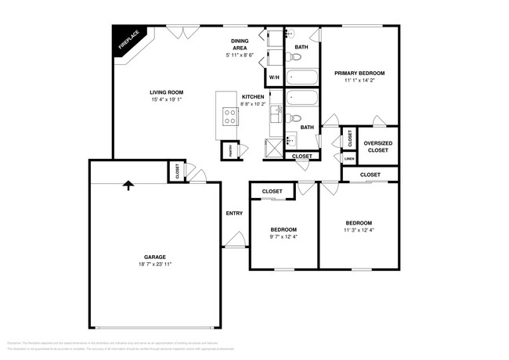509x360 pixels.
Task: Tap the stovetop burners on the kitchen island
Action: [231, 117]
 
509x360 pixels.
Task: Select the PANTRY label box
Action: [230, 150]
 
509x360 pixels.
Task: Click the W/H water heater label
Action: [274, 78]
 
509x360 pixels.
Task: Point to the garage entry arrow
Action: [128, 185]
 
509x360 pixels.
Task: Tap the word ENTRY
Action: [234, 213]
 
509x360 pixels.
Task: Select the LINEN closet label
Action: [348, 158]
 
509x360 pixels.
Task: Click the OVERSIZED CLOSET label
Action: [377, 146]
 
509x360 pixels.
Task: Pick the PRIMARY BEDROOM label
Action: [359, 73]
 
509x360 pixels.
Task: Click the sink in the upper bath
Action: [289, 34]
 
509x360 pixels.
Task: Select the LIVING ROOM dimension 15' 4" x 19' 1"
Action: [167, 100]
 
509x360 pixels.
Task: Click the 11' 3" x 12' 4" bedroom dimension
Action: [359, 230]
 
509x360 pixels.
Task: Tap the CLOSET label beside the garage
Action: [177, 171]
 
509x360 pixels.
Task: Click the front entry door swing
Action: [233, 242]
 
